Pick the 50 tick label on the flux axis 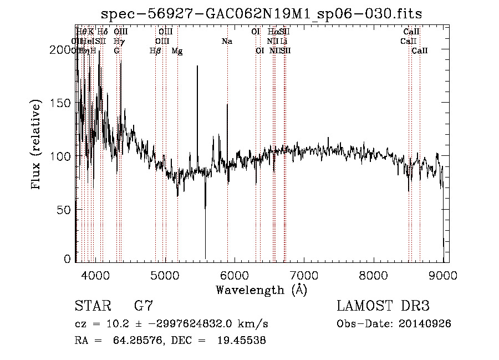65,210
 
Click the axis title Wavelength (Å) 261,290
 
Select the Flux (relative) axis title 37,145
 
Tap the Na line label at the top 227,41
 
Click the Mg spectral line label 177,51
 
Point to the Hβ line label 155,51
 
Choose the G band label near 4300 116,51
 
